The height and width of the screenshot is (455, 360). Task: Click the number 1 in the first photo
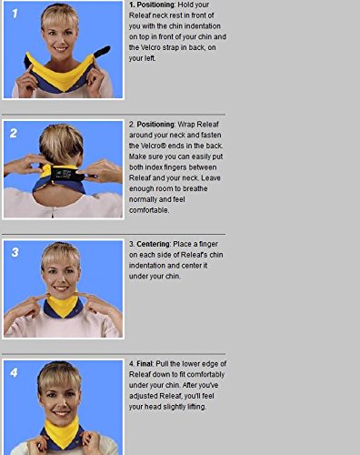coord(15,14)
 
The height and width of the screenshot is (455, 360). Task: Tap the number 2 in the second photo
coord(14,133)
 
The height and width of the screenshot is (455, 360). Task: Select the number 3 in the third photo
coord(15,252)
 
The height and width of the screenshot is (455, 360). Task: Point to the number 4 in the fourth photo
coord(14,372)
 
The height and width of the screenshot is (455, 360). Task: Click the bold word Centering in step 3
coord(154,244)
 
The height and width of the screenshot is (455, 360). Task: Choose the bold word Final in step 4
coord(145,363)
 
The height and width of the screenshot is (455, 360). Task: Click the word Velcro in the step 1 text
coord(151,47)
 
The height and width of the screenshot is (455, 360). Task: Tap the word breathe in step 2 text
coord(195,188)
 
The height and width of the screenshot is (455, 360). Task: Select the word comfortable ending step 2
coord(148,210)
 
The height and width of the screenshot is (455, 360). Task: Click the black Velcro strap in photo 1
coord(103,51)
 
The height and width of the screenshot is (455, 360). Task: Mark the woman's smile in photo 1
coord(61,48)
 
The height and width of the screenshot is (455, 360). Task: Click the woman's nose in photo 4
coord(60,402)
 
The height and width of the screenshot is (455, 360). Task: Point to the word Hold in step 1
coord(185,5)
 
